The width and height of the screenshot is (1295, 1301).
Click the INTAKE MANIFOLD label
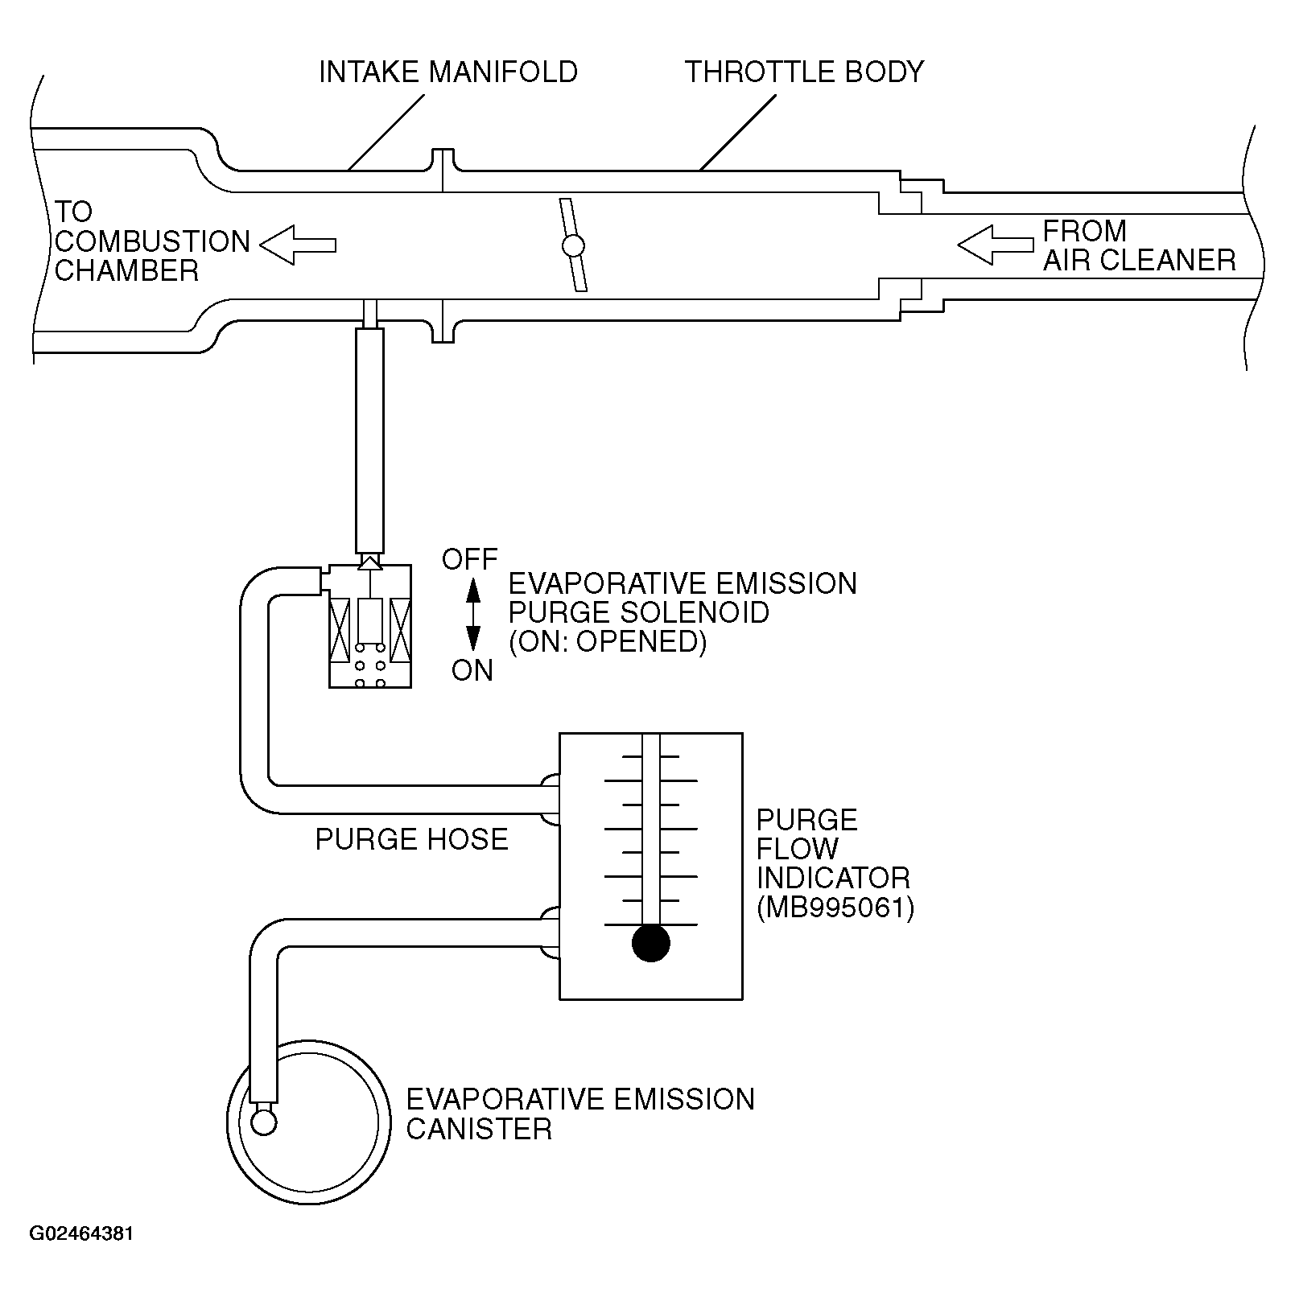[x=447, y=72]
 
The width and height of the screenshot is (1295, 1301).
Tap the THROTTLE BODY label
[x=804, y=72]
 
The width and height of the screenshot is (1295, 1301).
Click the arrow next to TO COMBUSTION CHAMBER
[x=298, y=244]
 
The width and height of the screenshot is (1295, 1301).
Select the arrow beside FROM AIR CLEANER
[x=995, y=245]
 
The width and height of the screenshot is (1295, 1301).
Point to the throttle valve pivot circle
[x=573, y=245]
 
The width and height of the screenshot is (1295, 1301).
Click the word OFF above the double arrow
[x=470, y=559]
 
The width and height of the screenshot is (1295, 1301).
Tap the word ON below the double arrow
[x=472, y=670]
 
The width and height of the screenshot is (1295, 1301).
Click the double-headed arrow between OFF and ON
[x=473, y=615]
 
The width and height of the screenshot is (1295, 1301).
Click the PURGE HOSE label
[x=411, y=840]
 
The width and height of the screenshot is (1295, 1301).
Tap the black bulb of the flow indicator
[x=651, y=943]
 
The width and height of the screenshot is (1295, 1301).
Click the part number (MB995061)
[x=835, y=908]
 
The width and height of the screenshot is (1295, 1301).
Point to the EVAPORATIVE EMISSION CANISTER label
[x=579, y=1114]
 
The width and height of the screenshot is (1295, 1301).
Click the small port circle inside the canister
[x=264, y=1122]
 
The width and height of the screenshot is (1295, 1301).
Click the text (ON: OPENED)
[x=608, y=641]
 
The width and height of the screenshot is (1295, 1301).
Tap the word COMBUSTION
[x=153, y=241]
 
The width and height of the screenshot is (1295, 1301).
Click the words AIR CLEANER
[x=1139, y=260]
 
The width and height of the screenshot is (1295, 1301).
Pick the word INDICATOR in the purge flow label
[x=833, y=878]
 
